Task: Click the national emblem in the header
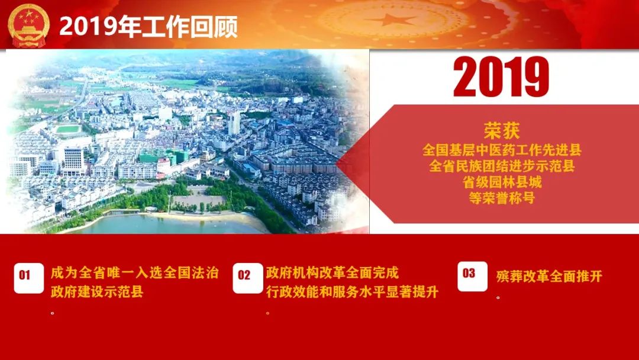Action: (x=28, y=25)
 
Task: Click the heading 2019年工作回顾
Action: (x=149, y=27)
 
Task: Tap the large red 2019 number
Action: (x=501, y=77)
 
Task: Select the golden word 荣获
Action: (x=502, y=130)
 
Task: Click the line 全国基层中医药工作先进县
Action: (x=502, y=150)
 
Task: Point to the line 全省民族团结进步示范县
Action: (x=502, y=166)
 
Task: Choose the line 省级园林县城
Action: (x=502, y=182)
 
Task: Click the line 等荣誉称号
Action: (x=502, y=198)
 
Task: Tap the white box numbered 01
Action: (x=28, y=278)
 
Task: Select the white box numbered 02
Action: (x=247, y=278)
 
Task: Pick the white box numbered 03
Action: (x=472, y=276)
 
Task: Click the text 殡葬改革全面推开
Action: (x=549, y=277)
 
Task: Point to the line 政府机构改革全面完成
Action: (x=332, y=273)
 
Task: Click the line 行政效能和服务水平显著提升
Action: (x=352, y=292)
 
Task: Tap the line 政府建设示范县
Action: (x=97, y=292)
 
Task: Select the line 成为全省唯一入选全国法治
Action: (x=134, y=273)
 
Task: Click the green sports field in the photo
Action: (x=67, y=129)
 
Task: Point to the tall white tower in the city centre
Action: (x=234, y=123)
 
